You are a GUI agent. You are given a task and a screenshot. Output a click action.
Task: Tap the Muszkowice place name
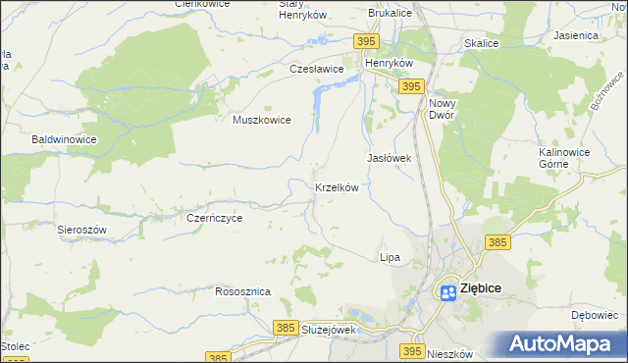tap(262, 120)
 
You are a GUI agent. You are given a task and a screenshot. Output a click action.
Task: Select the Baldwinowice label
tap(64, 140)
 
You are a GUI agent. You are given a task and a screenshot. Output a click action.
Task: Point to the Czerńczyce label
tap(214, 219)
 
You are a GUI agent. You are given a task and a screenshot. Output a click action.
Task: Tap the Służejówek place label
tap(329, 330)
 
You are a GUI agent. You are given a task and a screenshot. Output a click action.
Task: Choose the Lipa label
tap(390, 257)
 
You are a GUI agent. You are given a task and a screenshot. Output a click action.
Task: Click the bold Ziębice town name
tap(482, 290)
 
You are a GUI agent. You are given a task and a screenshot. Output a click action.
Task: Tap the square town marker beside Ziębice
tap(446, 290)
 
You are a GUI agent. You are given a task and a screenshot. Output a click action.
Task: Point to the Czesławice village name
tap(316, 70)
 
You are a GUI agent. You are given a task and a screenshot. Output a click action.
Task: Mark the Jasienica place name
tap(576, 35)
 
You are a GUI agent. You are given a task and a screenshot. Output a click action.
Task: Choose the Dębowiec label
tap(592, 316)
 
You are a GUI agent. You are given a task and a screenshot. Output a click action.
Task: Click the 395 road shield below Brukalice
tap(365, 40)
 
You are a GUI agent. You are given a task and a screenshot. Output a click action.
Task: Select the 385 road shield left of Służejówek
tap(286, 326)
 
